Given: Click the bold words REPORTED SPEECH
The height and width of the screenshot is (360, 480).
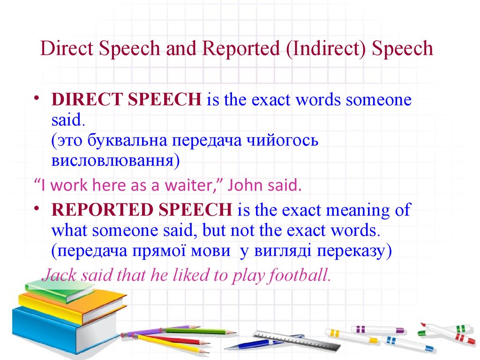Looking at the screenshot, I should [142, 210].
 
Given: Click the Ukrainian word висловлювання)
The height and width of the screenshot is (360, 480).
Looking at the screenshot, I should [115, 160].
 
